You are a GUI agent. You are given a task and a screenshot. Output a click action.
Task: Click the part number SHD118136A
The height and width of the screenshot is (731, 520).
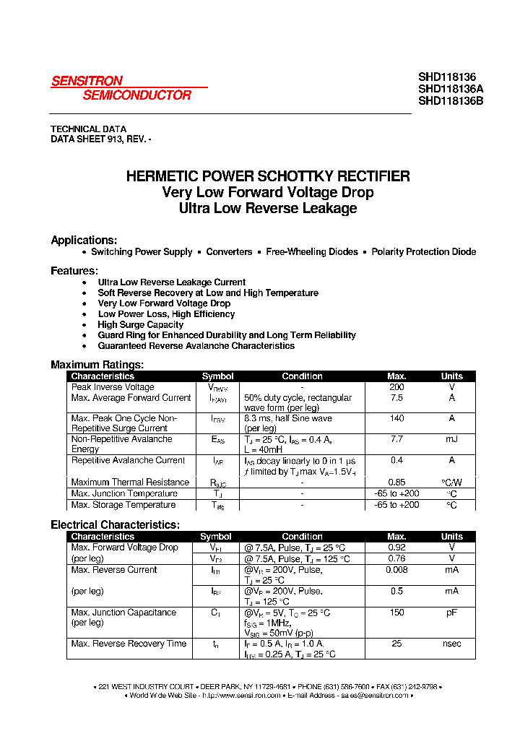click(451, 89)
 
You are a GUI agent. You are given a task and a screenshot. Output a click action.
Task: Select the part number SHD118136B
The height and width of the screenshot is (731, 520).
click(451, 101)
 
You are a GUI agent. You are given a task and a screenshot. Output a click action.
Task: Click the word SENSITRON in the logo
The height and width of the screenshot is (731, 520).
click(87, 82)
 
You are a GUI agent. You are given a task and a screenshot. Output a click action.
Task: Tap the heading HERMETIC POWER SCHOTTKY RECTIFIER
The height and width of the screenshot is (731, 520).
click(268, 176)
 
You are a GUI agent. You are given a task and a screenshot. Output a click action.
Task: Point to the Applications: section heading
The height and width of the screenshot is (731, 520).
click(84, 241)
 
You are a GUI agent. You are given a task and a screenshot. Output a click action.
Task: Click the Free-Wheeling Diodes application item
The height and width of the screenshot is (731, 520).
click(312, 252)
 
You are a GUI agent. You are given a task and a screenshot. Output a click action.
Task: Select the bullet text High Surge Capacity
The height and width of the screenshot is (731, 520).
click(141, 325)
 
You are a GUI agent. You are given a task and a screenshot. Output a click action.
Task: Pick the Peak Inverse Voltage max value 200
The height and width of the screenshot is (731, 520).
click(396, 387)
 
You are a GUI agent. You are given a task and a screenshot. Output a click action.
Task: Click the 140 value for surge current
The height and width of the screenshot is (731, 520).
click(396, 418)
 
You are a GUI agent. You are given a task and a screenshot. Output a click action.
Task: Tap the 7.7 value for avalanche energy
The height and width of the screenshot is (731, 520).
click(396, 439)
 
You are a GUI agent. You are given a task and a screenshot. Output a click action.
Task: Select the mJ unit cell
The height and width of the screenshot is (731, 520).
click(452, 439)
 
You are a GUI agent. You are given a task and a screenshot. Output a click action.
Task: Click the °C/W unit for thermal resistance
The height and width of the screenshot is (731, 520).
click(452, 483)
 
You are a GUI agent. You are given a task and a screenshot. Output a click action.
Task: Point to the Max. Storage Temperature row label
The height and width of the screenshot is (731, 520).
click(123, 505)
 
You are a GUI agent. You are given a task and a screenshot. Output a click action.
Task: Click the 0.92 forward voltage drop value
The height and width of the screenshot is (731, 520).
click(396, 548)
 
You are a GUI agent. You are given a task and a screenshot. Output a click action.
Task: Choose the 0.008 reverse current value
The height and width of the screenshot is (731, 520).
click(396, 570)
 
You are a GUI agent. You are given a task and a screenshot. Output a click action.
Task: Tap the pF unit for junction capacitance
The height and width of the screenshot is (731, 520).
click(452, 613)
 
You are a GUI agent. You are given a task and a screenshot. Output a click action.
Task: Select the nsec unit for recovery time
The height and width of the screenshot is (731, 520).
click(452, 644)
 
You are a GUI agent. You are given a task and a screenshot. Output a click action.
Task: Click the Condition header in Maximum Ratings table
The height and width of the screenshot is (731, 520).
click(302, 376)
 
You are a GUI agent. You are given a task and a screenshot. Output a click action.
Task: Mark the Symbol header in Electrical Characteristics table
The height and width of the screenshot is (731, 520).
click(216, 537)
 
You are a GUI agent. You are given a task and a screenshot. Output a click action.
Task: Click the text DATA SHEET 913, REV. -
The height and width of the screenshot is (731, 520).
click(101, 139)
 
